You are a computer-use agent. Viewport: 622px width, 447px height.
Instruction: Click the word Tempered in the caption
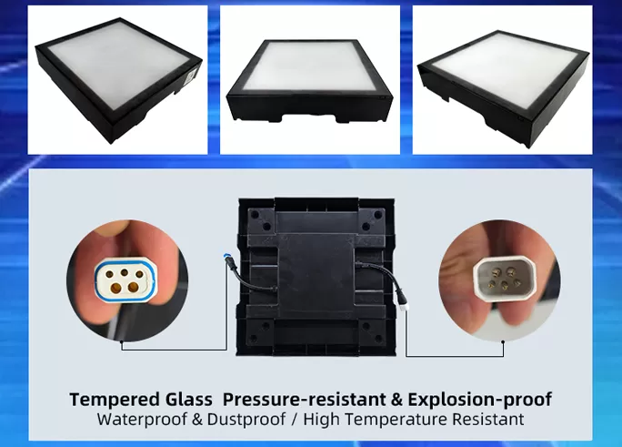pyautogui.click(x=114, y=400)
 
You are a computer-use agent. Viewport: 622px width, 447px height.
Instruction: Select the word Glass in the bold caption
pyautogui.click(x=188, y=400)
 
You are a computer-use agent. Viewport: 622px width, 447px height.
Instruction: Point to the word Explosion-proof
pyautogui.click(x=479, y=400)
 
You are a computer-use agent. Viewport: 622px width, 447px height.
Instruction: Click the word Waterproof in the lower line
pyautogui.click(x=142, y=419)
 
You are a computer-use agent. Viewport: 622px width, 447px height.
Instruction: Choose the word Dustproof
pyautogui.click(x=246, y=419)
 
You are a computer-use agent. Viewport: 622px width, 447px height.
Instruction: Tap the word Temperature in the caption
pyautogui.click(x=399, y=419)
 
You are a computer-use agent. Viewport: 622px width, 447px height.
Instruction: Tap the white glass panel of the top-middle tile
pyautogui.click(x=310, y=66)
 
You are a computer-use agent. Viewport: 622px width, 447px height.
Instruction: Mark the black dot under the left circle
pyautogui.click(x=121, y=341)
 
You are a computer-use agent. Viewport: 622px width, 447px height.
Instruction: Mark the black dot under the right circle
pyautogui.click(x=503, y=341)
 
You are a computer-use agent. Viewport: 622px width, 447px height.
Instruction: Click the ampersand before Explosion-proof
pyautogui.click(x=396, y=400)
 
